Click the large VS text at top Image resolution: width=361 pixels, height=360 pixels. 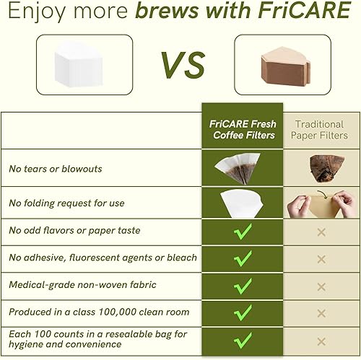tap(180, 66)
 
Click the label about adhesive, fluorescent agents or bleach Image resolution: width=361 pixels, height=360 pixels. tap(103, 257)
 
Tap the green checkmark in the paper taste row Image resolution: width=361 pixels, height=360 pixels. tap(243, 231)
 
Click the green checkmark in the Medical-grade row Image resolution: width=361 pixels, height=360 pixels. tap(243, 285)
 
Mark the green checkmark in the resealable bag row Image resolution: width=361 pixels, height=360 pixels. tap(243, 339)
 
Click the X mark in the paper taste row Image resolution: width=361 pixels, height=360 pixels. tap(321, 232)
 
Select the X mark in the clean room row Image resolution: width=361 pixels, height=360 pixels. tap(321, 312)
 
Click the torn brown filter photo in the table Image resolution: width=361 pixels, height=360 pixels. tap(321, 168)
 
